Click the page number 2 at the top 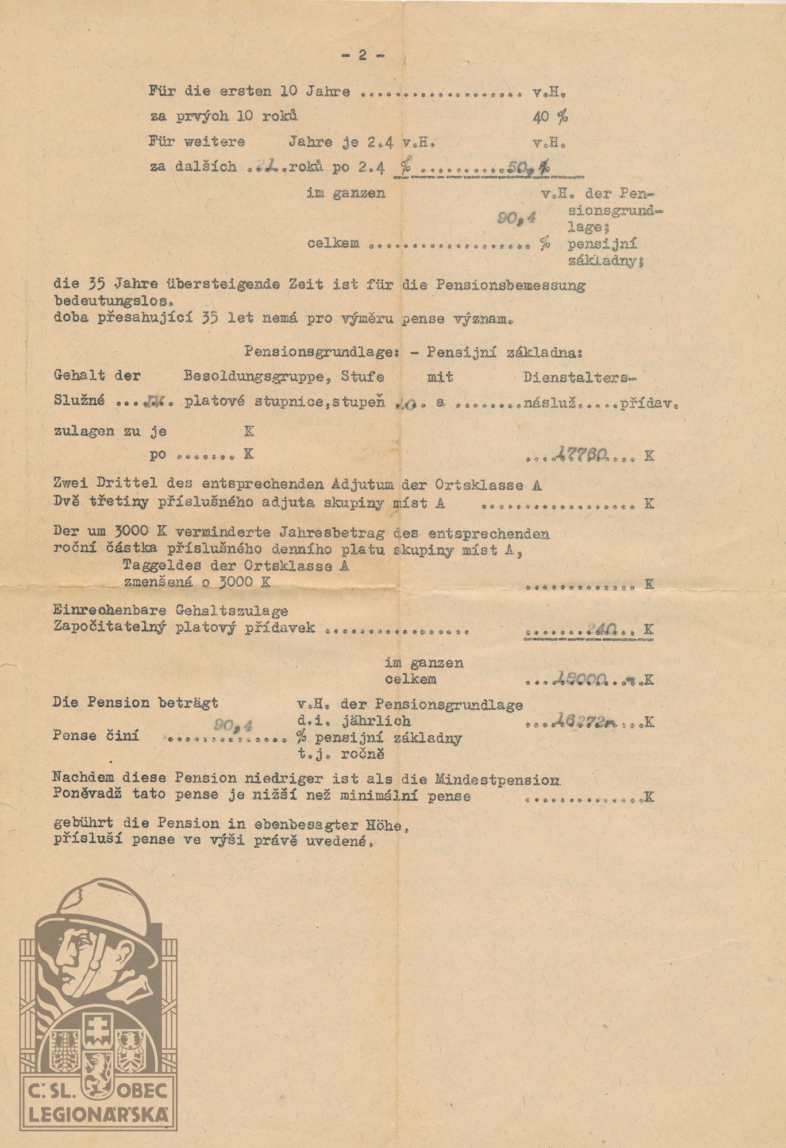click(363, 55)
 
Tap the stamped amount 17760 click(581, 455)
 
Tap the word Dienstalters click(580, 377)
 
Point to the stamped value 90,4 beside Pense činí click(232, 726)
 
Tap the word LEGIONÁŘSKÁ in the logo click(99, 1114)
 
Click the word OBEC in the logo click(143, 1089)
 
